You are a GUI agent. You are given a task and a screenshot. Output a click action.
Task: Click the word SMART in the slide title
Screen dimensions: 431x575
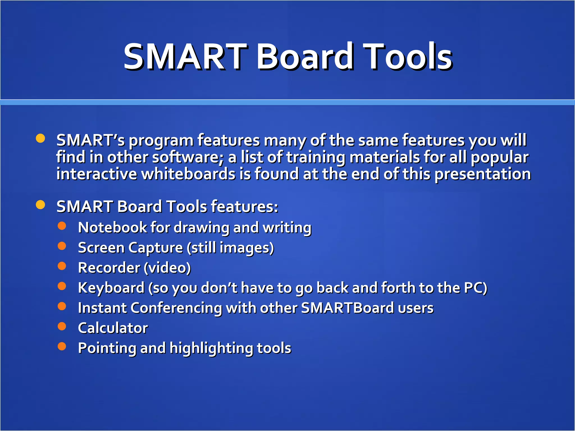pos(185,56)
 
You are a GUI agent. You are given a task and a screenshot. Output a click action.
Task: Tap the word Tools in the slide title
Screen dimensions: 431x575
pos(409,56)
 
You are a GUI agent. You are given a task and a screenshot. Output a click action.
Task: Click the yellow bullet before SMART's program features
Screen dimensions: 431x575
pos(40,138)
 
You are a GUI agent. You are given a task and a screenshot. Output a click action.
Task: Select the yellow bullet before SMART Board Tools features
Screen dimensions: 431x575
pos(40,205)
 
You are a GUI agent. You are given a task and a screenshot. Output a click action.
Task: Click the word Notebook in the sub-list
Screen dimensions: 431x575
pos(112,227)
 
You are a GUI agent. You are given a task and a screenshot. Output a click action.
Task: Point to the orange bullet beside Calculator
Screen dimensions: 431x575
pos(62,326)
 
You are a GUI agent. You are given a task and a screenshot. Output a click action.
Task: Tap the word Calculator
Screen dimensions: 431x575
pos(113,328)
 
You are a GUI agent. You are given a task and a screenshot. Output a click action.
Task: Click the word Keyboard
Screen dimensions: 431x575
pos(111,288)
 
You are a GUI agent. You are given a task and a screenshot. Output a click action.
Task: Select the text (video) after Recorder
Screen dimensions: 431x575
pos(167,268)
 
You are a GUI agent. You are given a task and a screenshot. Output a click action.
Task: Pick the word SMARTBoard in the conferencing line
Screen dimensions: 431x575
pos(348,308)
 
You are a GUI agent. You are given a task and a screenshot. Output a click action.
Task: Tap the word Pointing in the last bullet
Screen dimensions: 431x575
pos(107,348)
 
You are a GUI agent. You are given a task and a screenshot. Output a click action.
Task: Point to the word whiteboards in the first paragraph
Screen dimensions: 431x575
pos(188,174)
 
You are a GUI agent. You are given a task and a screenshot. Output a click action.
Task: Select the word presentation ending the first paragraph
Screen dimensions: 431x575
pos(483,174)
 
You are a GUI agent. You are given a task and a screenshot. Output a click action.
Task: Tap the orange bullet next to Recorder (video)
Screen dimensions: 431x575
pos(62,266)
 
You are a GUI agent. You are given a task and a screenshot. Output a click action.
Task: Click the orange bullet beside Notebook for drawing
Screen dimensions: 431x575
pos(62,226)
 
